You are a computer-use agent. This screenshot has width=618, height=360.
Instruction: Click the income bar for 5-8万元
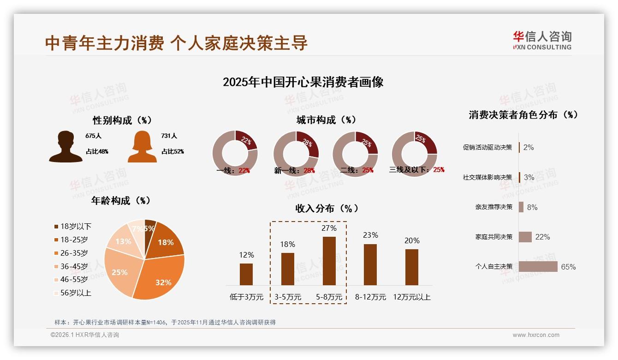[x=329, y=261]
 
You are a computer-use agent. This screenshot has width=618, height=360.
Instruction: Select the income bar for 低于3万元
[x=246, y=274]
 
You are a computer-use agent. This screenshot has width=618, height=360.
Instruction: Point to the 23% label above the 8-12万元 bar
[x=370, y=235]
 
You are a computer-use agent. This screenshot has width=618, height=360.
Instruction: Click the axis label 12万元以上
[x=411, y=297]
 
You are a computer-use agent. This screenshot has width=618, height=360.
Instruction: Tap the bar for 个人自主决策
[x=538, y=267]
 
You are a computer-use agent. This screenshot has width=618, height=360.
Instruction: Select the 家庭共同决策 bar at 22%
[x=525, y=237]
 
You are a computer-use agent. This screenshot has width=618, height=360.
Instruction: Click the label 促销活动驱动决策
[x=487, y=148]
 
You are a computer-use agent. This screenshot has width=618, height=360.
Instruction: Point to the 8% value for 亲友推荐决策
[x=532, y=207]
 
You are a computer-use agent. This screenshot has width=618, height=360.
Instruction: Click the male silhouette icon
[x=66, y=147]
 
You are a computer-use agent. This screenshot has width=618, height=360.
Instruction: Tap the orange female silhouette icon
[x=142, y=147]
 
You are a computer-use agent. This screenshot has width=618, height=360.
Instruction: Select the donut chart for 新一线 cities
[x=296, y=153]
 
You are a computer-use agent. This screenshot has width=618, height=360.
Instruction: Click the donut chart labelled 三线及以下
[x=414, y=153]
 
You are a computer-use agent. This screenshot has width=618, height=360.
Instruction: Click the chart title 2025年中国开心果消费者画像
[x=303, y=82]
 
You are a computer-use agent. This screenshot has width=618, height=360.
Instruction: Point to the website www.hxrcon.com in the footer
[x=536, y=335]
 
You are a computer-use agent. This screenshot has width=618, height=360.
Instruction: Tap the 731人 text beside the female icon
[x=169, y=136]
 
